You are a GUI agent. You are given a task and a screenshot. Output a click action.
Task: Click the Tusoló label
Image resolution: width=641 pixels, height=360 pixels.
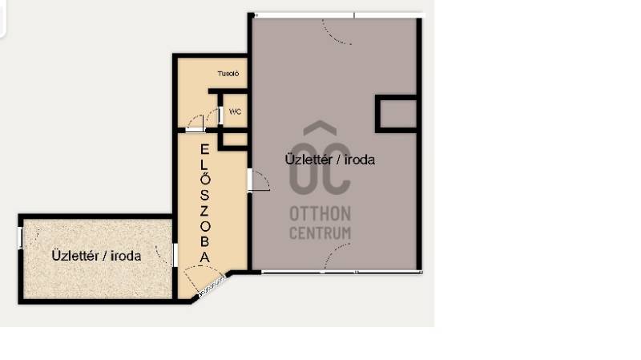[228, 74]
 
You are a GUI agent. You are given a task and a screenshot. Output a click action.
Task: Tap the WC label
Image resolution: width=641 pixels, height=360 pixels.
[235, 111]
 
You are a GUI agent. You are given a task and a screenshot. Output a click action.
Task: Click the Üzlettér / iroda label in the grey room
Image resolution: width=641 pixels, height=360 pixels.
[330, 160]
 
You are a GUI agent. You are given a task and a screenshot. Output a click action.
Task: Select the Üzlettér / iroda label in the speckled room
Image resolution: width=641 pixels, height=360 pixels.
[96, 256]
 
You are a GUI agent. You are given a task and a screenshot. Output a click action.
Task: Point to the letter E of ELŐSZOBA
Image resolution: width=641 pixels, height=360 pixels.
[204, 150]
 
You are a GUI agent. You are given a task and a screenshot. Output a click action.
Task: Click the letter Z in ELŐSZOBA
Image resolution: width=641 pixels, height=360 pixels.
[204, 211]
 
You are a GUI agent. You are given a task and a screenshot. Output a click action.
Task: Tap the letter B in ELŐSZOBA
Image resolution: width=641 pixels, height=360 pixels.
[204, 242]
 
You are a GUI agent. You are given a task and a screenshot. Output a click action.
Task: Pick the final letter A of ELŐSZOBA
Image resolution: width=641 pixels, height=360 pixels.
[204, 257]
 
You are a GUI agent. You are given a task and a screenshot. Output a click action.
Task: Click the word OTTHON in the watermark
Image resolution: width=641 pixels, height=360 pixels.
[320, 213]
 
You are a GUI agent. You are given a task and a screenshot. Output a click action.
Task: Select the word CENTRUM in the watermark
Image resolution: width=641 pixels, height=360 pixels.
[320, 233]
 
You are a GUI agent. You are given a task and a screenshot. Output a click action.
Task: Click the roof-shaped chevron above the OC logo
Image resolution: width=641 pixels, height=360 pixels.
[320, 128]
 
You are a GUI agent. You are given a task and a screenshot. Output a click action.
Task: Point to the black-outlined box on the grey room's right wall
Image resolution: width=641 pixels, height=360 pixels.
[396, 114]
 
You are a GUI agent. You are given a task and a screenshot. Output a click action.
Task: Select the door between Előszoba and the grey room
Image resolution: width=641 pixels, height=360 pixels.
[258, 180]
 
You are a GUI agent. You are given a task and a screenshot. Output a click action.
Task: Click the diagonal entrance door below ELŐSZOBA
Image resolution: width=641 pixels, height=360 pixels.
[212, 286]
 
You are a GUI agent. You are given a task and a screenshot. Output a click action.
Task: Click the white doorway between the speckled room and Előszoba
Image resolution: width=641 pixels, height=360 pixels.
[175, 255]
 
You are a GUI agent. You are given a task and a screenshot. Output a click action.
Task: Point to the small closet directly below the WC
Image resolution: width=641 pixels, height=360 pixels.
[235, 140]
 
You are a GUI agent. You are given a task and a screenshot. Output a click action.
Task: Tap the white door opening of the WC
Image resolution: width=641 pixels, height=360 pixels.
[221, 115]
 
